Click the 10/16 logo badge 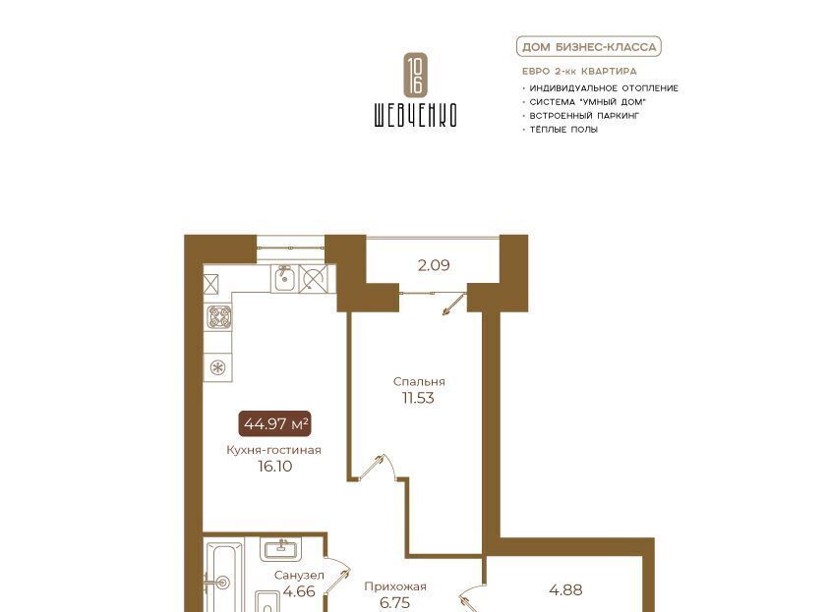[x=415, y=75]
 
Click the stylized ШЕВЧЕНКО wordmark [x=415, y=115]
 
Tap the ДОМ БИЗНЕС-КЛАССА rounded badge [x=589, y=47]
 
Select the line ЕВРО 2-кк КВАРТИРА [x=579, y=72]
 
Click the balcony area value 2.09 [x=434, y=265]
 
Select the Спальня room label [x=419, y=381]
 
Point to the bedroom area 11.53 [x=418, y=398]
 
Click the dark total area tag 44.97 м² [x=275, y=423]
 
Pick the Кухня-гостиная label [x=273, y=450]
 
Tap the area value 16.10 [x=275, y=467]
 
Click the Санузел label [x=299, y=575]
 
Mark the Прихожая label [x=395, y=586]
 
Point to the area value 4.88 [x=565, y=589]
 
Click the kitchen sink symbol [x=284, y=278]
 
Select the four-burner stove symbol [x=218, y=317]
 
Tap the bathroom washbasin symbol [x=280, y=549]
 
